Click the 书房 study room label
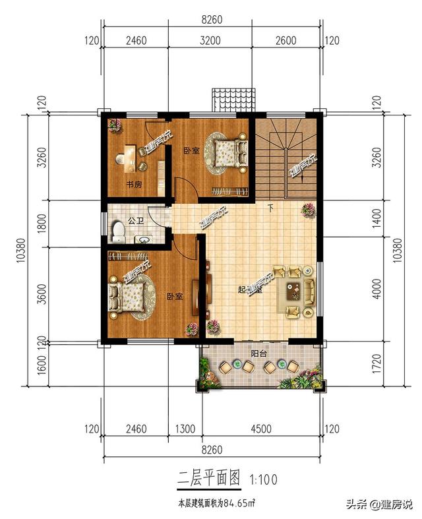134,185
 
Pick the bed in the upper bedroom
225,153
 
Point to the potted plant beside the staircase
307,210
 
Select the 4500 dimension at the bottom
260,430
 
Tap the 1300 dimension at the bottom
185,430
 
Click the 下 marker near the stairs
271,209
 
